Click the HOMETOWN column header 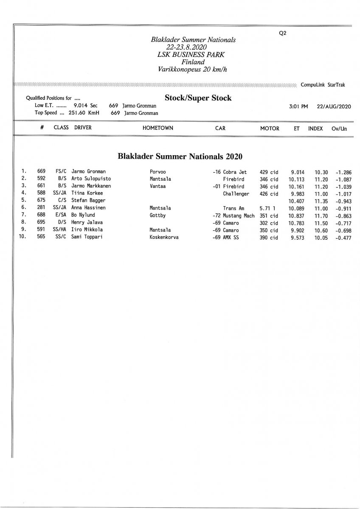[158, 128]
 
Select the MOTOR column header [270, 128]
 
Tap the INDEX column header [315, 128]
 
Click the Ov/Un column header [339, 128]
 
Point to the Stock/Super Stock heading [198, 98]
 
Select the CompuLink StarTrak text [323, 85]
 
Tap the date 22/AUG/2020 [334, 106]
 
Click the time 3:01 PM [298, 106]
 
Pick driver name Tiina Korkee [87, 193]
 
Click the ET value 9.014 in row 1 [298, 172]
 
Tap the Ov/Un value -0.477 [343, 238]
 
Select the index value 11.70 [321, 215]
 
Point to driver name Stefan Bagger [88, 201]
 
